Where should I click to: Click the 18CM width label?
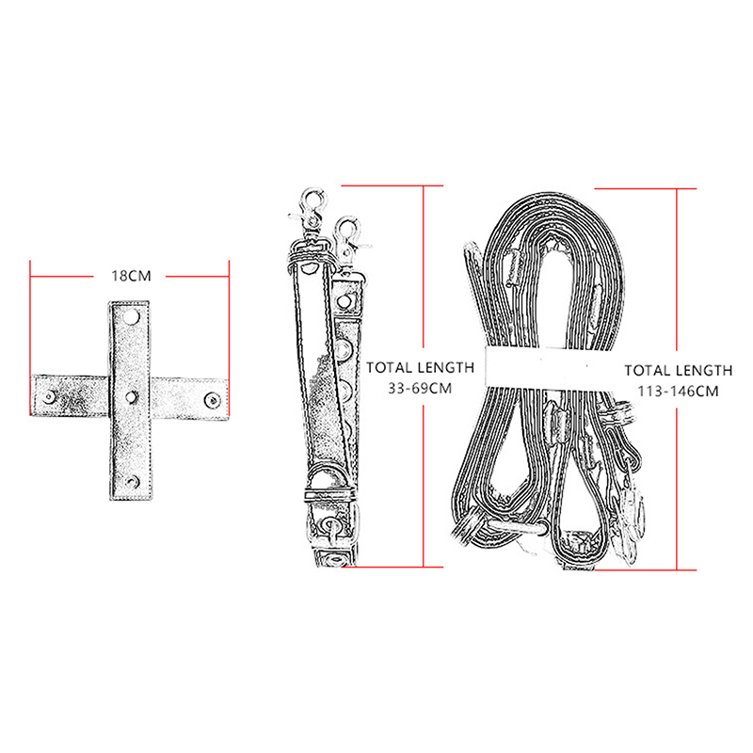(131, 276)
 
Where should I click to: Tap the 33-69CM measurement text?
(420, 388)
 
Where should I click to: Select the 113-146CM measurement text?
(678, 392)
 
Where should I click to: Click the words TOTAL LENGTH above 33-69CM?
(420, 368)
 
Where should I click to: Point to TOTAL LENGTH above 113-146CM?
(678, 371)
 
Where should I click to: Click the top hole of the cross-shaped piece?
(131, 317)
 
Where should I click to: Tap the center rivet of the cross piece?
(131, 396)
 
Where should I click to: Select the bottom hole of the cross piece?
(131, 482)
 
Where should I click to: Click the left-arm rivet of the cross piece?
(50, 397)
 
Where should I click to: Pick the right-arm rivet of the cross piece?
(212, 399)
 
